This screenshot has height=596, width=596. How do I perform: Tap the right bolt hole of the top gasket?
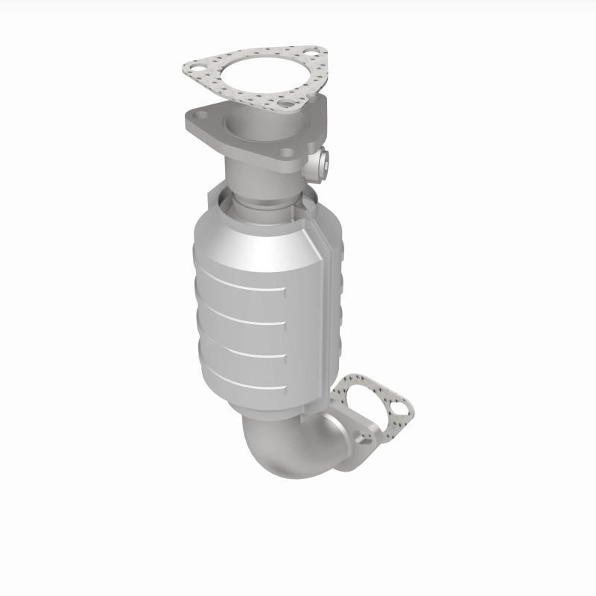point(314,54)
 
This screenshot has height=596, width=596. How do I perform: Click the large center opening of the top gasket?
point(257,74)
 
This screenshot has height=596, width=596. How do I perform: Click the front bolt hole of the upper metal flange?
point(288,153)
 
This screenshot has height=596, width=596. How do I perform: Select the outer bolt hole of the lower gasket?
point(402,408)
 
